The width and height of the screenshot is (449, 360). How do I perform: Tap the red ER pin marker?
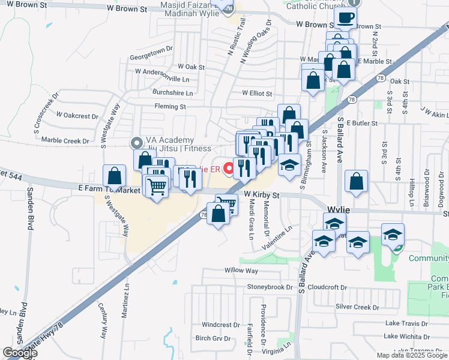228,169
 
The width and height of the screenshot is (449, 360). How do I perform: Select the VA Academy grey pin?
136,143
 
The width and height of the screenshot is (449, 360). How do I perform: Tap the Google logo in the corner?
20,353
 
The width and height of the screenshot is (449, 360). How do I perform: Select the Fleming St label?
170,107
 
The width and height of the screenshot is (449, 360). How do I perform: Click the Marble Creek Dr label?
65,141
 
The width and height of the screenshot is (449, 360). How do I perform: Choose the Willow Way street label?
241,271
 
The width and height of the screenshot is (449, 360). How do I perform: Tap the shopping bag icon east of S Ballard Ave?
357,182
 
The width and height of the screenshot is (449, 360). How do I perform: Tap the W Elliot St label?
257,94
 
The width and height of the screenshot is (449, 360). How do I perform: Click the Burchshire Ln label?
173,93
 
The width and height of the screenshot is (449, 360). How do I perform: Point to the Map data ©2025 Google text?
412,355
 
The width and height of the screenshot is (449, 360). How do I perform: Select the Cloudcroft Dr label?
327,287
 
